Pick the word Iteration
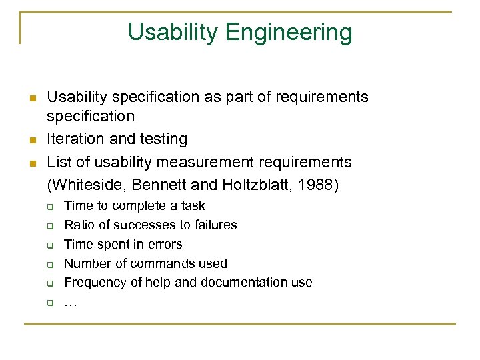point(74,139)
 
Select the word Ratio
point(79,225)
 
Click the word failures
point(213,225)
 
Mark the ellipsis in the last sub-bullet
point(70,303)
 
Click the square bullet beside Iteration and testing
point(31,140)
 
